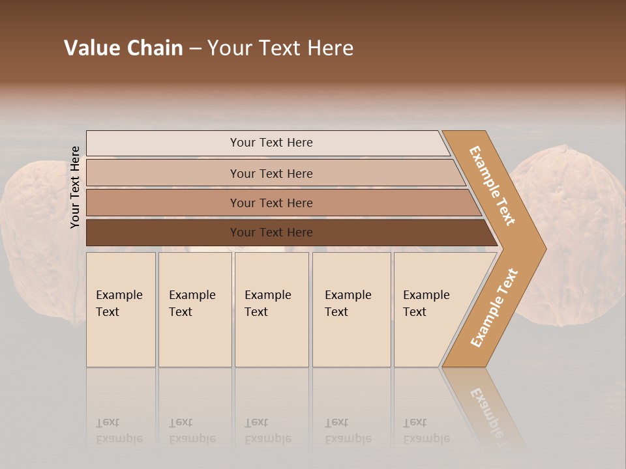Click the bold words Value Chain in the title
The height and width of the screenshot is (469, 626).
coord(123,48)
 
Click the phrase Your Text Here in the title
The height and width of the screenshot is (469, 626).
coord(280,48)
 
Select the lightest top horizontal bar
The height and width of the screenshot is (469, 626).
coord(271,143)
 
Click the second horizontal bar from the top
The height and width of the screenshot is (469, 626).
coord(271,173)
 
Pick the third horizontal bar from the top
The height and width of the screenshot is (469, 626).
coord(271,203)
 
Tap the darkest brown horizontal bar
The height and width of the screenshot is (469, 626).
coord(271,233)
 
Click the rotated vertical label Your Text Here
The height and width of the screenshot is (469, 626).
coord(75,187)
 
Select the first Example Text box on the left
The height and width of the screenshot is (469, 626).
coord(121,309)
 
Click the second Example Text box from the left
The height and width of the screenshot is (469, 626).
coord(195,309)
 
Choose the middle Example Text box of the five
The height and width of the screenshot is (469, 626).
coord(271,309)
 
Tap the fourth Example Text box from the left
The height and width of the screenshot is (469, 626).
coord(351,309)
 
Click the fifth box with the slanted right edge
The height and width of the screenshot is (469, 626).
coord(430,309)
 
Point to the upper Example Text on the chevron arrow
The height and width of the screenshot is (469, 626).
coord(492,186)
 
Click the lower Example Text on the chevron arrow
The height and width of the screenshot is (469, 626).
coord(494,308)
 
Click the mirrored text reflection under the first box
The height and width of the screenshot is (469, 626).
coord(119,431)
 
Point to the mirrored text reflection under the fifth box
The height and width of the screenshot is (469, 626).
coord(426,431)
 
